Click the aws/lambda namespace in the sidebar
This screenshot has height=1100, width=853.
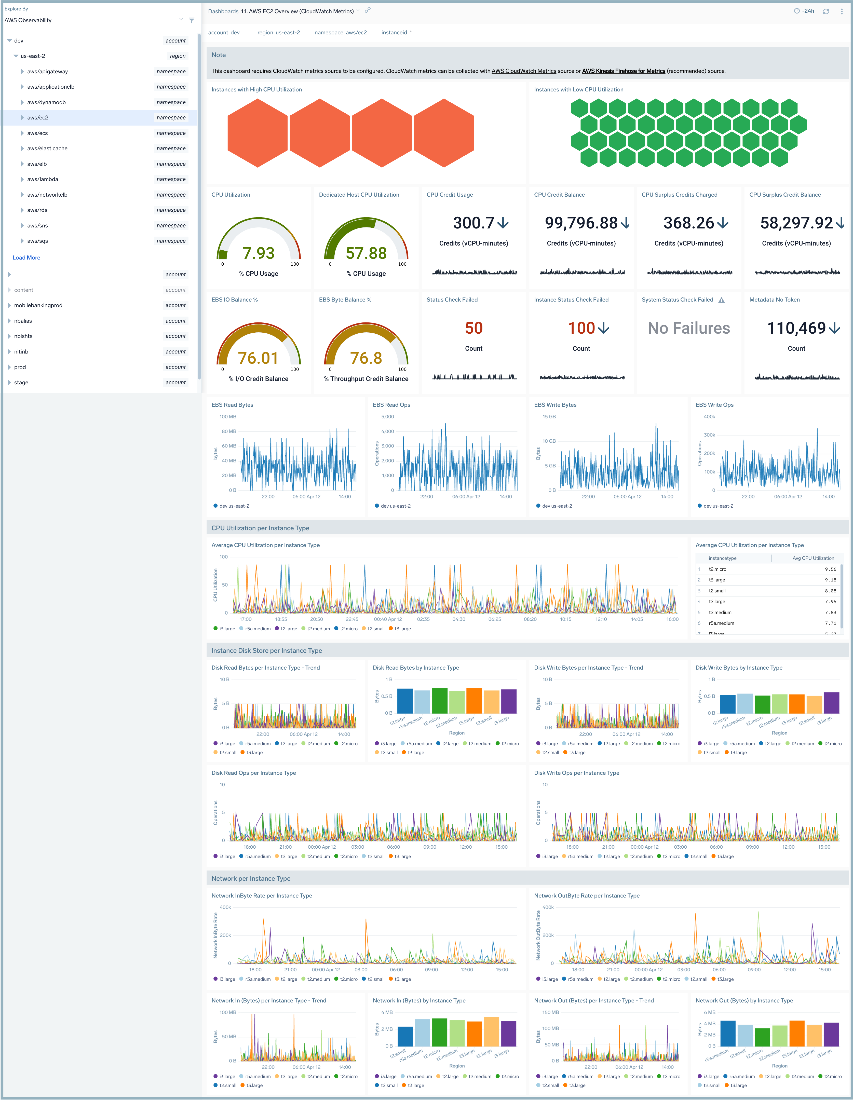(43, 179)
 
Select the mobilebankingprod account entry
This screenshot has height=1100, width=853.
(38, 305)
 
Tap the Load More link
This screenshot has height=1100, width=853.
(26, 257)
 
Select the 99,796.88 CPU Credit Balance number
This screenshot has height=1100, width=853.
(581, 223)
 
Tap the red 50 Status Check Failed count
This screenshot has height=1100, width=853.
(473, 328)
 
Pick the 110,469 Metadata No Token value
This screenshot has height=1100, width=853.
(796, 328)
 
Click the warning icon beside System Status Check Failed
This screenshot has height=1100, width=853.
(722, 300)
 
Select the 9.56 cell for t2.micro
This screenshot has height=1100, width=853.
(830, 569)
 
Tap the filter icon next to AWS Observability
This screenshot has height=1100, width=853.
(192, 21)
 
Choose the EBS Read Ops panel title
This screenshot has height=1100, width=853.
(391, 405)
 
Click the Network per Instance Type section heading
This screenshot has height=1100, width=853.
(251, 878)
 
